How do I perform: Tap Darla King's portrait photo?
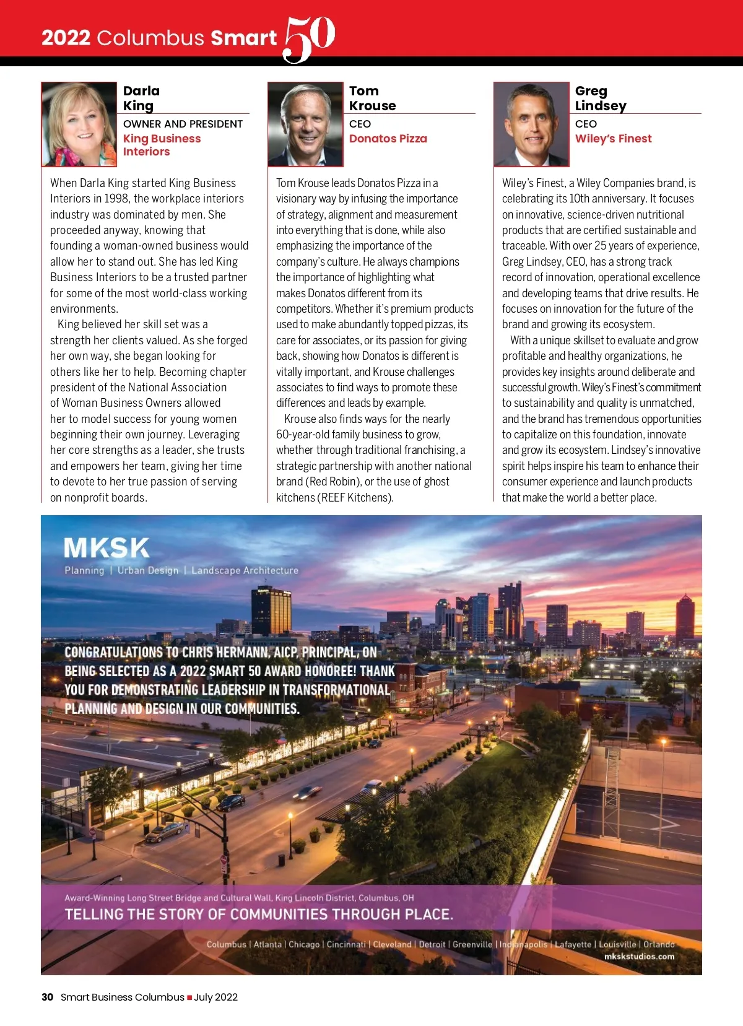[x=79, y=124]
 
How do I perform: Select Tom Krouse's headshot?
[x=305, y=124]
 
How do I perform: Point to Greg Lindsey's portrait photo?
[x=531, y=124]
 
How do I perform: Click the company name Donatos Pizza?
[x=388, y=139]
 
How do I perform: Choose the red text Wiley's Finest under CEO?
[x=613, y=139]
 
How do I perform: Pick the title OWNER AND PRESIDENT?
[x=183, y=124]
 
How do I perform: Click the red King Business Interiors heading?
[x=162, y=145]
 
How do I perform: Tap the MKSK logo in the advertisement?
[x=106, y=548]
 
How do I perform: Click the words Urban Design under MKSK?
[x=148, y=570]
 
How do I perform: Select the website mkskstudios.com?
[x=639, y=956]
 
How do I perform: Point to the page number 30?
[x=47, y=997]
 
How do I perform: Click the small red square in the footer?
[x=189, y=998]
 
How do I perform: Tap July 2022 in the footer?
[x=216, y=997]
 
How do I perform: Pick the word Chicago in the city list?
[x=304, y=944]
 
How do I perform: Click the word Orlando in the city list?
[x=659, y=944]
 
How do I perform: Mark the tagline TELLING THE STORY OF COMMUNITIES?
[x=259, y=914]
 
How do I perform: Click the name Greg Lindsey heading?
[x=600, y=98]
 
